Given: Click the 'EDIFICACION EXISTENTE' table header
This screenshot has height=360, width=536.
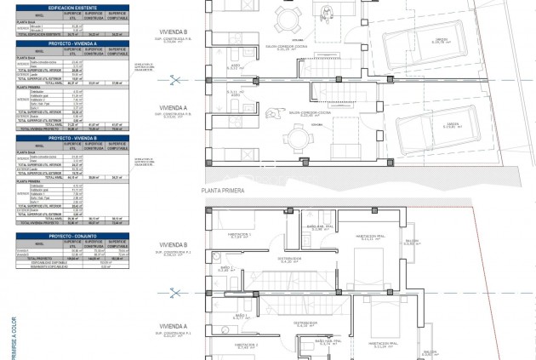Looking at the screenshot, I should pos(72,6).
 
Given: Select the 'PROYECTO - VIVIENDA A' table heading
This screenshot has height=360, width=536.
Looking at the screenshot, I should pos(72,42).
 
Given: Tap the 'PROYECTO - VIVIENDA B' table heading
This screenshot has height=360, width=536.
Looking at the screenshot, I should pos(72,138).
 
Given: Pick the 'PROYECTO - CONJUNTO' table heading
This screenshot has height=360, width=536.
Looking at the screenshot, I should pos(72,236).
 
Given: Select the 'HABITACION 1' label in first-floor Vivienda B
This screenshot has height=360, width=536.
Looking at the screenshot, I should pos(239,234).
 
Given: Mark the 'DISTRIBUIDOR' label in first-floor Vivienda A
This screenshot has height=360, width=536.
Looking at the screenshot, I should pos(305,323).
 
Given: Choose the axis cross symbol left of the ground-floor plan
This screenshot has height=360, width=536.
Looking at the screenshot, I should pos(174,81).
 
